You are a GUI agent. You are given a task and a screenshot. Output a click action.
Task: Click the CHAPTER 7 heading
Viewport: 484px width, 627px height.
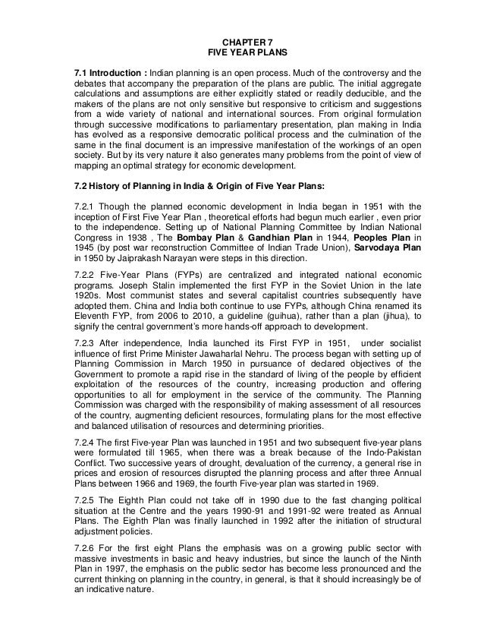click(241, 43)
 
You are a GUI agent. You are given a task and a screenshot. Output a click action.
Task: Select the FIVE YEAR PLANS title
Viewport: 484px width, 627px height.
click(241, 54)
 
